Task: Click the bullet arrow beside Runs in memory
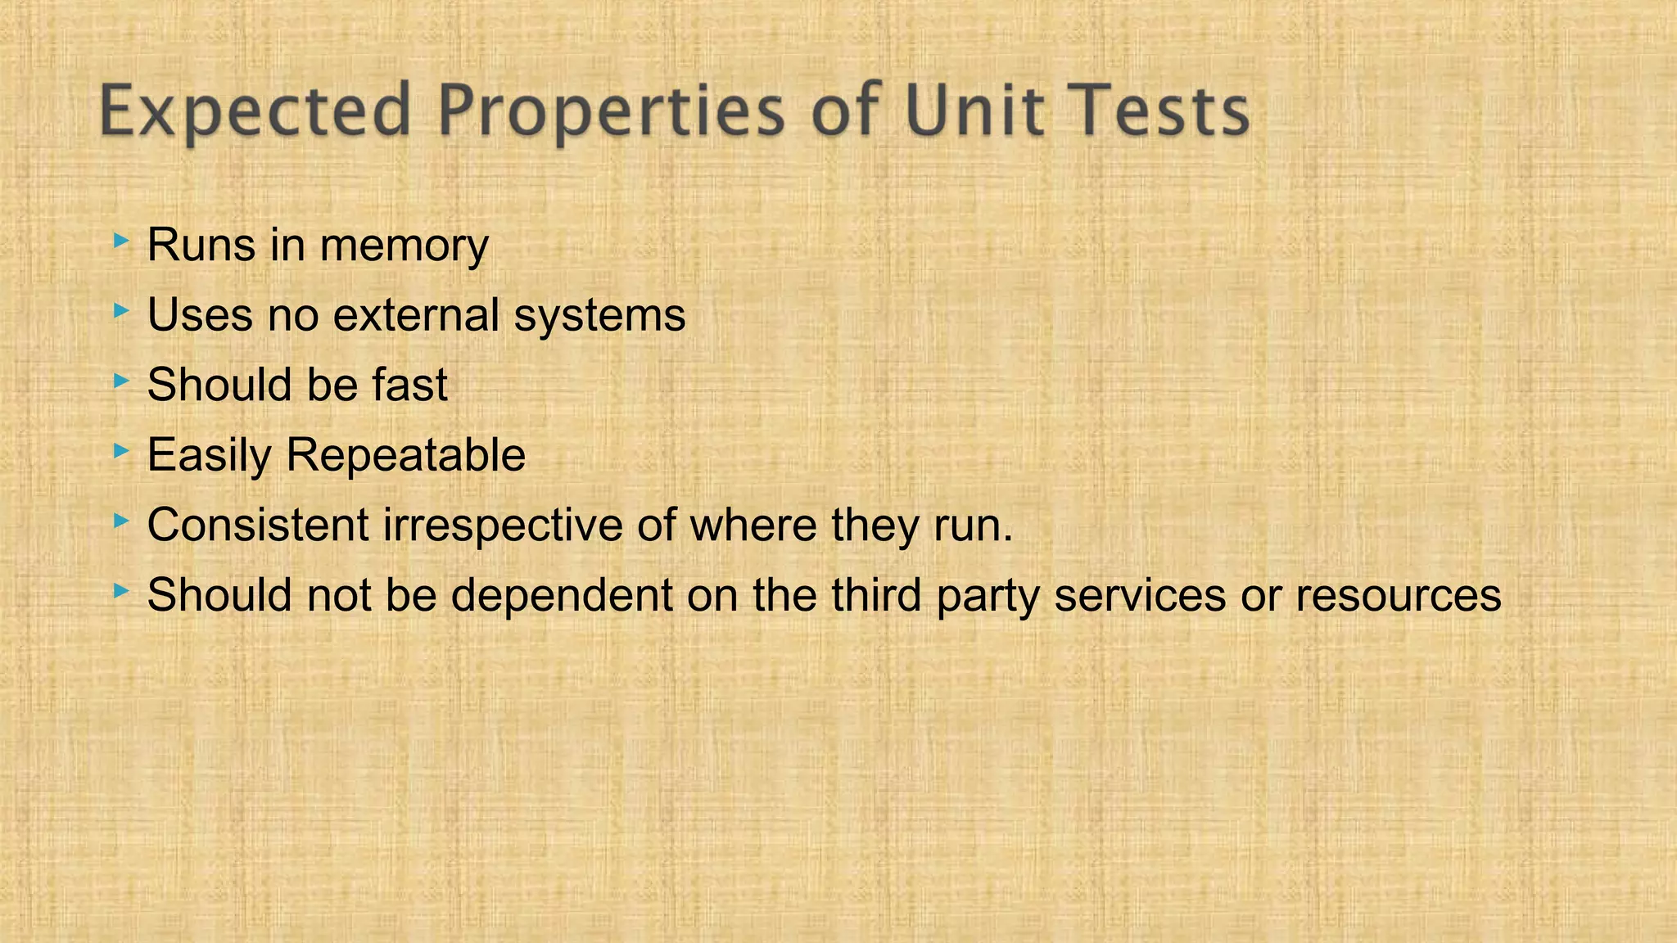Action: (121, 241)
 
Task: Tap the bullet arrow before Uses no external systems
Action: (121, 310)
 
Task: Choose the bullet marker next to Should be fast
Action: (121, 380)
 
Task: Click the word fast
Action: (409, 385)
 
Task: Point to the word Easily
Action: (209, 455)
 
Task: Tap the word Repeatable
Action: (405, 455)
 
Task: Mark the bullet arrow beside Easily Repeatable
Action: (121, 450)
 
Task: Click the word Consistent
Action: (258, 525)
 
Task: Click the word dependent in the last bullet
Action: (562, 595)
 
